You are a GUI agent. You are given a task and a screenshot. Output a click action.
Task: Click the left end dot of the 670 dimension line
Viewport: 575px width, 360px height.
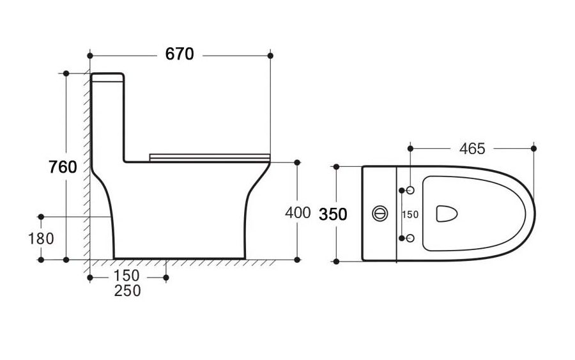[x=90, y=56]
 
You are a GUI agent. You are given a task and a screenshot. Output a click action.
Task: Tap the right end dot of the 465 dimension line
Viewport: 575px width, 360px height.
[x=533, y=148]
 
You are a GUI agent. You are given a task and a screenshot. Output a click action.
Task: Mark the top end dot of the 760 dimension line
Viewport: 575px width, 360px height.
[x=66, y=74]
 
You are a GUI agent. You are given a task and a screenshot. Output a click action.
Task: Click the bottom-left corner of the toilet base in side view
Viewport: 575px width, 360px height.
[x=114, y=259]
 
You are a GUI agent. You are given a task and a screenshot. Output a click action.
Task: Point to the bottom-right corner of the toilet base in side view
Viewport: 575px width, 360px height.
[x=245, y=259]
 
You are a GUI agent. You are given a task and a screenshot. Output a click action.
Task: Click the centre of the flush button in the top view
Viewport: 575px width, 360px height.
[x=380, y=214]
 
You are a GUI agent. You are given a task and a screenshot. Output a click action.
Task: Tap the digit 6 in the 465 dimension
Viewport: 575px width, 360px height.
[x=472, y=148]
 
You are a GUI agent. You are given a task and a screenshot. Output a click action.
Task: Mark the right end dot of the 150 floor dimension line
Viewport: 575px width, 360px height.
[x=165, y=278]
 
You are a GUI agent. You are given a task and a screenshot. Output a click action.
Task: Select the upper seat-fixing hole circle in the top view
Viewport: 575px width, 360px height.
[x=410, y=190]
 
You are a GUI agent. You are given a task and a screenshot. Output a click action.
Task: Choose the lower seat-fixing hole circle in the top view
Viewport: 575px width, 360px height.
[x=410, y=238]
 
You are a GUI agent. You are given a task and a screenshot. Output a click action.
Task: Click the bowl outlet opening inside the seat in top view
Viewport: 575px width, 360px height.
[x=447, y=214]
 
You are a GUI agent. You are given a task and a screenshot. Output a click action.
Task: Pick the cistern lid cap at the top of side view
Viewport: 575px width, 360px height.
[x=107, y=77]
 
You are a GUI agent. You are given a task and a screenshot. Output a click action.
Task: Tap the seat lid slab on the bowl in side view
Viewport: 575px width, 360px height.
[x=210, y=157]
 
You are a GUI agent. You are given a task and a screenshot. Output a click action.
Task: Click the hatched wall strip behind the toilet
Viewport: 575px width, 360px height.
[x=86, y=165]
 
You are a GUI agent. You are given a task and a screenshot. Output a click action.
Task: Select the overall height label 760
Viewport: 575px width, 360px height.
[x=63, y=168]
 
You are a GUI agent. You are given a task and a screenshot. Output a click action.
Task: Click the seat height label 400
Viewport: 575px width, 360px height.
[x=298, y=213]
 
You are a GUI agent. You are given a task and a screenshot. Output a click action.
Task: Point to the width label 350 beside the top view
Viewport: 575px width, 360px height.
[x=333, y=214]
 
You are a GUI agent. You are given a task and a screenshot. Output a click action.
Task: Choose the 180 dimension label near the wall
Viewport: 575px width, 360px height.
[x=41, y=239]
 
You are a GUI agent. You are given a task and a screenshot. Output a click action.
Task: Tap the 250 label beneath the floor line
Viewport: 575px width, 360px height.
[x=127, y=291]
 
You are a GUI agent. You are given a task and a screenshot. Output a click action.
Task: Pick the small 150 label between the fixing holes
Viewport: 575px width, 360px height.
[x=410, y=214]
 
